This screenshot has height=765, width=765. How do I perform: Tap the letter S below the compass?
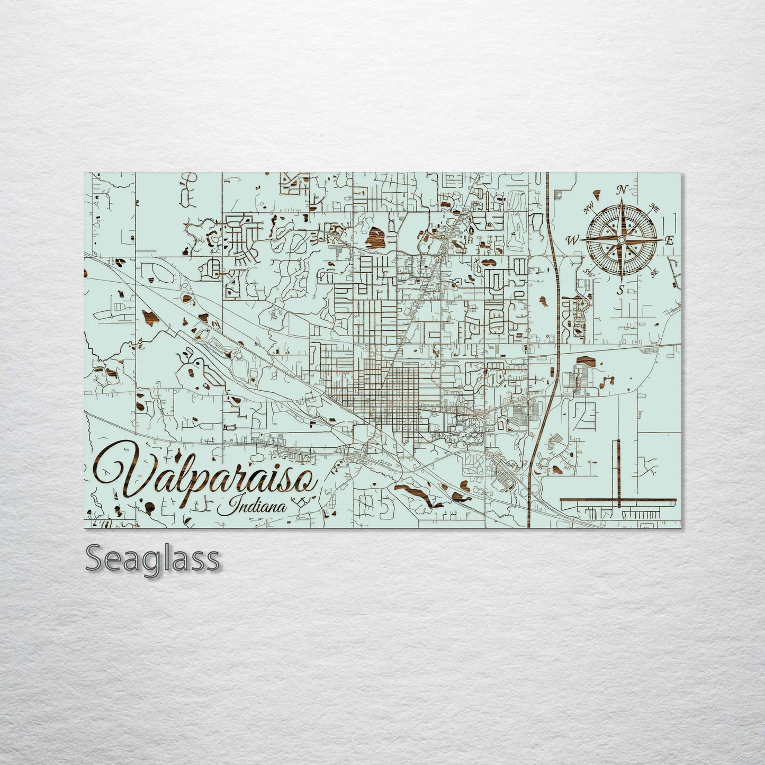click(620, 289)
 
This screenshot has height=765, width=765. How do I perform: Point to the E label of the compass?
click(669, 240)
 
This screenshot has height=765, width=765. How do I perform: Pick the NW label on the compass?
click(588, 209)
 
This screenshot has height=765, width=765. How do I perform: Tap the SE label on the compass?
click(654, 273)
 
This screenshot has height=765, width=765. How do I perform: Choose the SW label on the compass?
click(588, 272)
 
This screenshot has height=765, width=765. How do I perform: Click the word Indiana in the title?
click(259, 506)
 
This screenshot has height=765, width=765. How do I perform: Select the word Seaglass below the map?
click(152, 559)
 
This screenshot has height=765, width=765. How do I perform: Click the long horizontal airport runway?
click(618, 500)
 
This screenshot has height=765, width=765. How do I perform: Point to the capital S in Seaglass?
click(95, 559)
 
